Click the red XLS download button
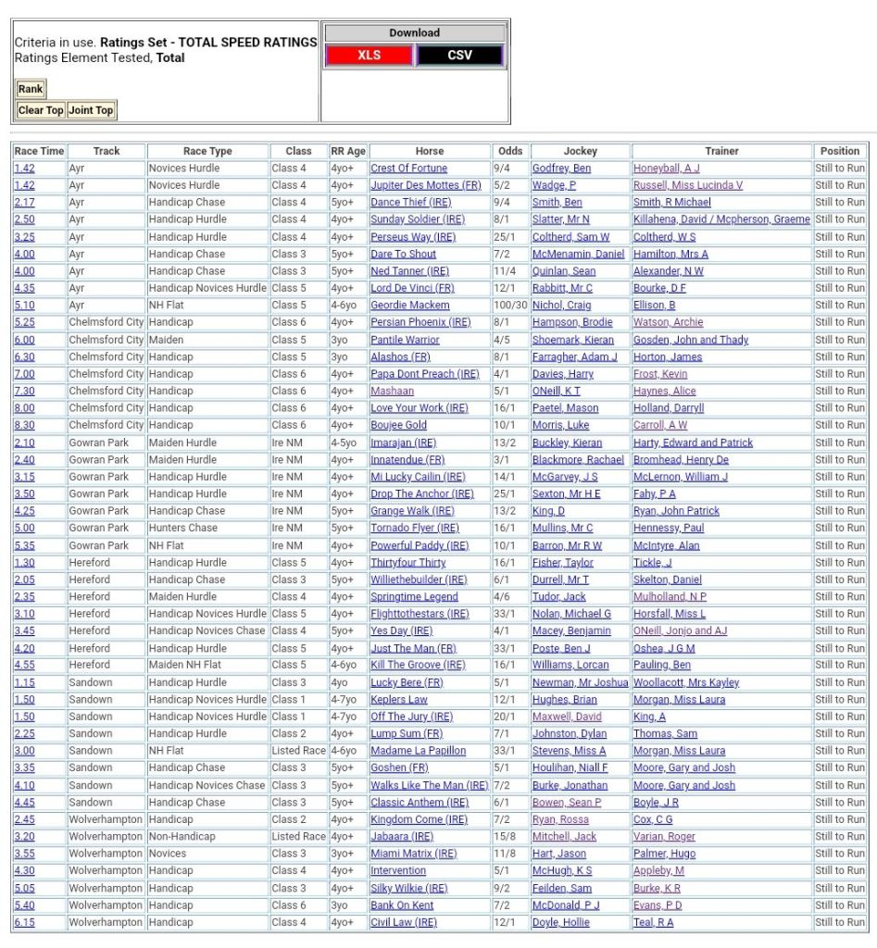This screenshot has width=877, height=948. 370,56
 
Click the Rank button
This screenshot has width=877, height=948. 31,89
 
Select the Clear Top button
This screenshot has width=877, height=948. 41,110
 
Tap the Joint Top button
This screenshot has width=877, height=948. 91,110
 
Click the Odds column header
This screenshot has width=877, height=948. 509,151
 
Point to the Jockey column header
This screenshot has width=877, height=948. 581,151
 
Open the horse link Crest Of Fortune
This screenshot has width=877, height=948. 408,168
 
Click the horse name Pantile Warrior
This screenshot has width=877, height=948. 405,340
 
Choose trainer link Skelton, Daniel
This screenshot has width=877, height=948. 667,580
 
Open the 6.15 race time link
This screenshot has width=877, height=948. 24,922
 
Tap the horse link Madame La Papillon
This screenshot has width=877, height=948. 418,751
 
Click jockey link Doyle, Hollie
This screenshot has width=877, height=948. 561,922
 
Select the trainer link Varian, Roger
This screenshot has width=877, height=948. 664,837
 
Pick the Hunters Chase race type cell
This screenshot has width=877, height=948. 182,529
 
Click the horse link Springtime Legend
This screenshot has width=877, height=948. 414,597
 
